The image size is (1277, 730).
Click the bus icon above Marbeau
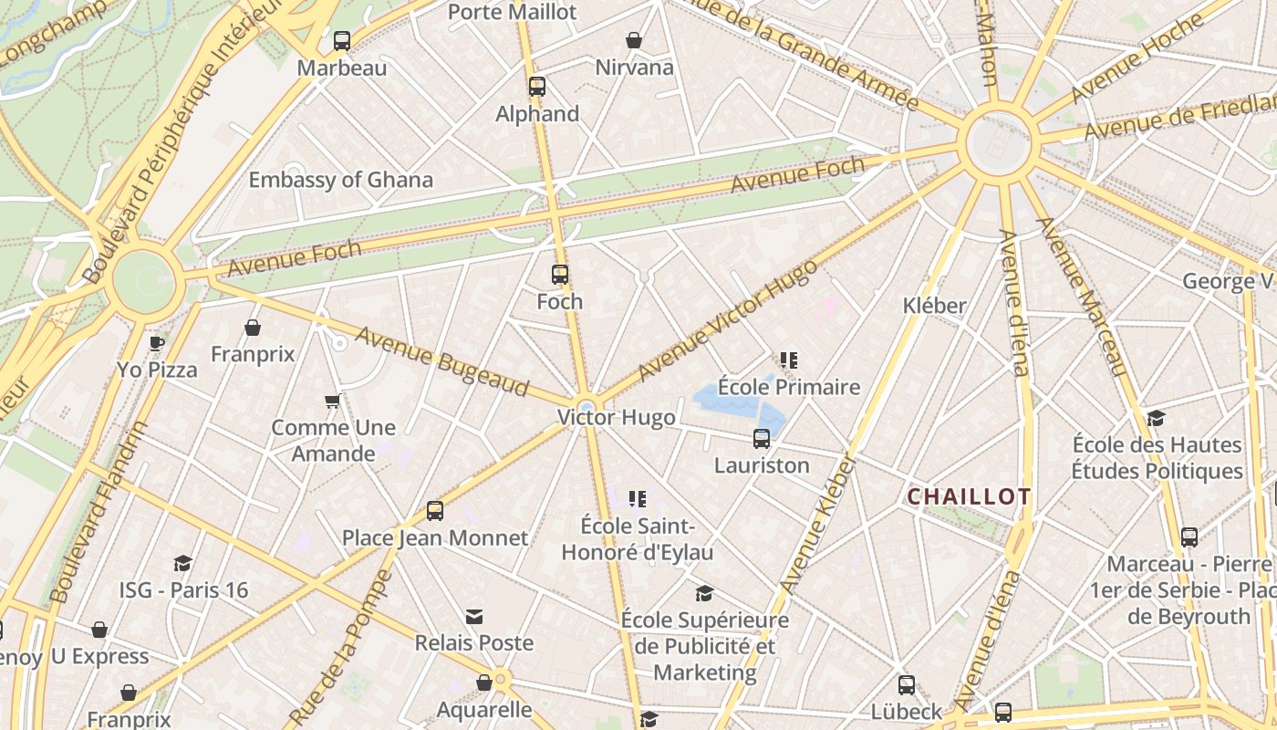(x=342, y=40)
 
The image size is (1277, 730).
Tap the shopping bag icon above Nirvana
(x=634, y=40)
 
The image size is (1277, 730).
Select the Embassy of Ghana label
(x=340, y=180)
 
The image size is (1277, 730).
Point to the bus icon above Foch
(x=559, y=274)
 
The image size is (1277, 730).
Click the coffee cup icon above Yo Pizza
(x=157, y=343)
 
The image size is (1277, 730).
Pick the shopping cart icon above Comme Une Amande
(x=333, y=401)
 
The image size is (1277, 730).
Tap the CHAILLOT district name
(x=969, y=496)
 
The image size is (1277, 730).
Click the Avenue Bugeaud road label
(x=441, y=362)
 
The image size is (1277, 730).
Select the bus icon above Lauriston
(x=762, y=439)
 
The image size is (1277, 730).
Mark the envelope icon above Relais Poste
(x=474, y=617)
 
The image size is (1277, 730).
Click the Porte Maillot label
(x=512, y=12)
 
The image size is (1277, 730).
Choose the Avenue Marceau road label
(x=1083, y=297)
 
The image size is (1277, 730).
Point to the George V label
(x=1228, y=280)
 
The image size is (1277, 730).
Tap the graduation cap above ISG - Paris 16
(x=182, y=563)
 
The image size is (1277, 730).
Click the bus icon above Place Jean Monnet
(x=435, y=511)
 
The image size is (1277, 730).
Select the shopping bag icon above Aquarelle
(x=484, y=683)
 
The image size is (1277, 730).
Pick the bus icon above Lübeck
(x=906, y=684)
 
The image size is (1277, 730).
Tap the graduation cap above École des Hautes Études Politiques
(x=1157, y=418)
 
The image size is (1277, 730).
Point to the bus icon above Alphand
(x=537, y=87)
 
